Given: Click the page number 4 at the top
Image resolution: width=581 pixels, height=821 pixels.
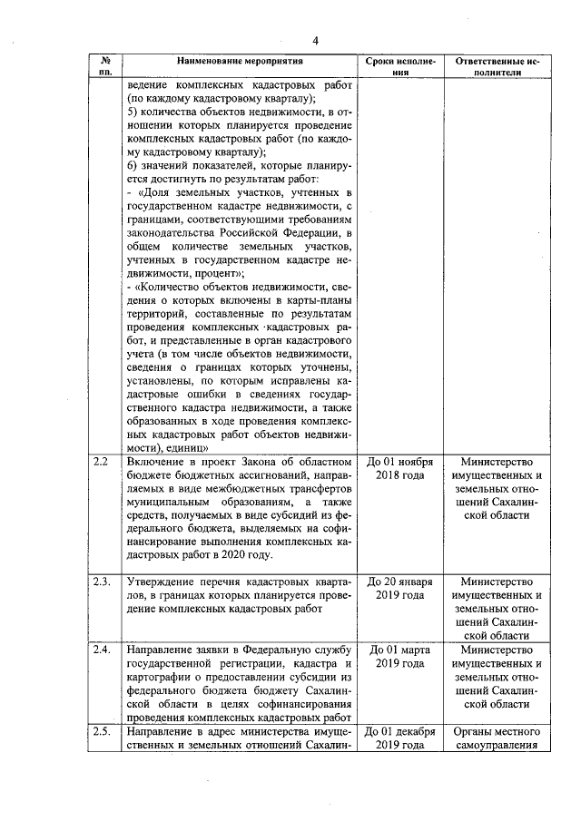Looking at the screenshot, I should pos(315,41).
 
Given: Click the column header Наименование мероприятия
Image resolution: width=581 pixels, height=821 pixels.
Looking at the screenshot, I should pos(232,61).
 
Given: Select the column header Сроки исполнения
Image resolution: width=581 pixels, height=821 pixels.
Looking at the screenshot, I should pos(400,66).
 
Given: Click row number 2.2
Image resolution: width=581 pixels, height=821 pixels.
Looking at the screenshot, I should pos(102,462).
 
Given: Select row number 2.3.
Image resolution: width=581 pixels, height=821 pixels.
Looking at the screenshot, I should pos(103,582).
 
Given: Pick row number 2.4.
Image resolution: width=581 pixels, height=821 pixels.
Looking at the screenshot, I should pos(103,650).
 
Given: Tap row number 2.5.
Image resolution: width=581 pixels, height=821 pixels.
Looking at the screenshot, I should pos(103,732).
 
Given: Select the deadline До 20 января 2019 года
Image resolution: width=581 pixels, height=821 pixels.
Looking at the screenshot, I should pos(400,588).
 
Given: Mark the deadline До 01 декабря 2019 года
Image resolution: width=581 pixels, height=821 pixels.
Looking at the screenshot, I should pos(400,738).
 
